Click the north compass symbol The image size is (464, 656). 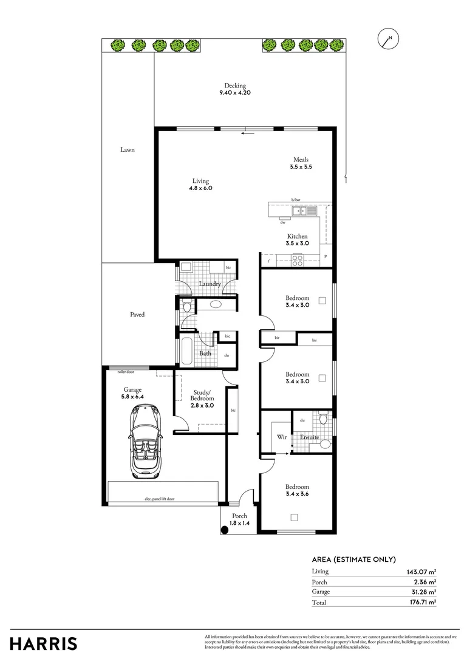[x=387, y=39]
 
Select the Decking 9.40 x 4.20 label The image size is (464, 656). [x=235, y=89]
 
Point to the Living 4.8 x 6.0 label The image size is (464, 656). [x=200, y=185]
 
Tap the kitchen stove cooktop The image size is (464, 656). [x=298, y=260]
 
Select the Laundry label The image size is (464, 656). [x=210, y=284]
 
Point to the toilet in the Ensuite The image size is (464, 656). [x=324, y=420]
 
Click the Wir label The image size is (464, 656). [x=281, y=437]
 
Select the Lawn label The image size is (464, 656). [x=127, y=149]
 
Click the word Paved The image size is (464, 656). [x=137, y=315]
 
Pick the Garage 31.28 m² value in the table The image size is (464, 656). [x=421, y=592]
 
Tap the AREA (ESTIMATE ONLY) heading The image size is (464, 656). [x=353, y=559]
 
